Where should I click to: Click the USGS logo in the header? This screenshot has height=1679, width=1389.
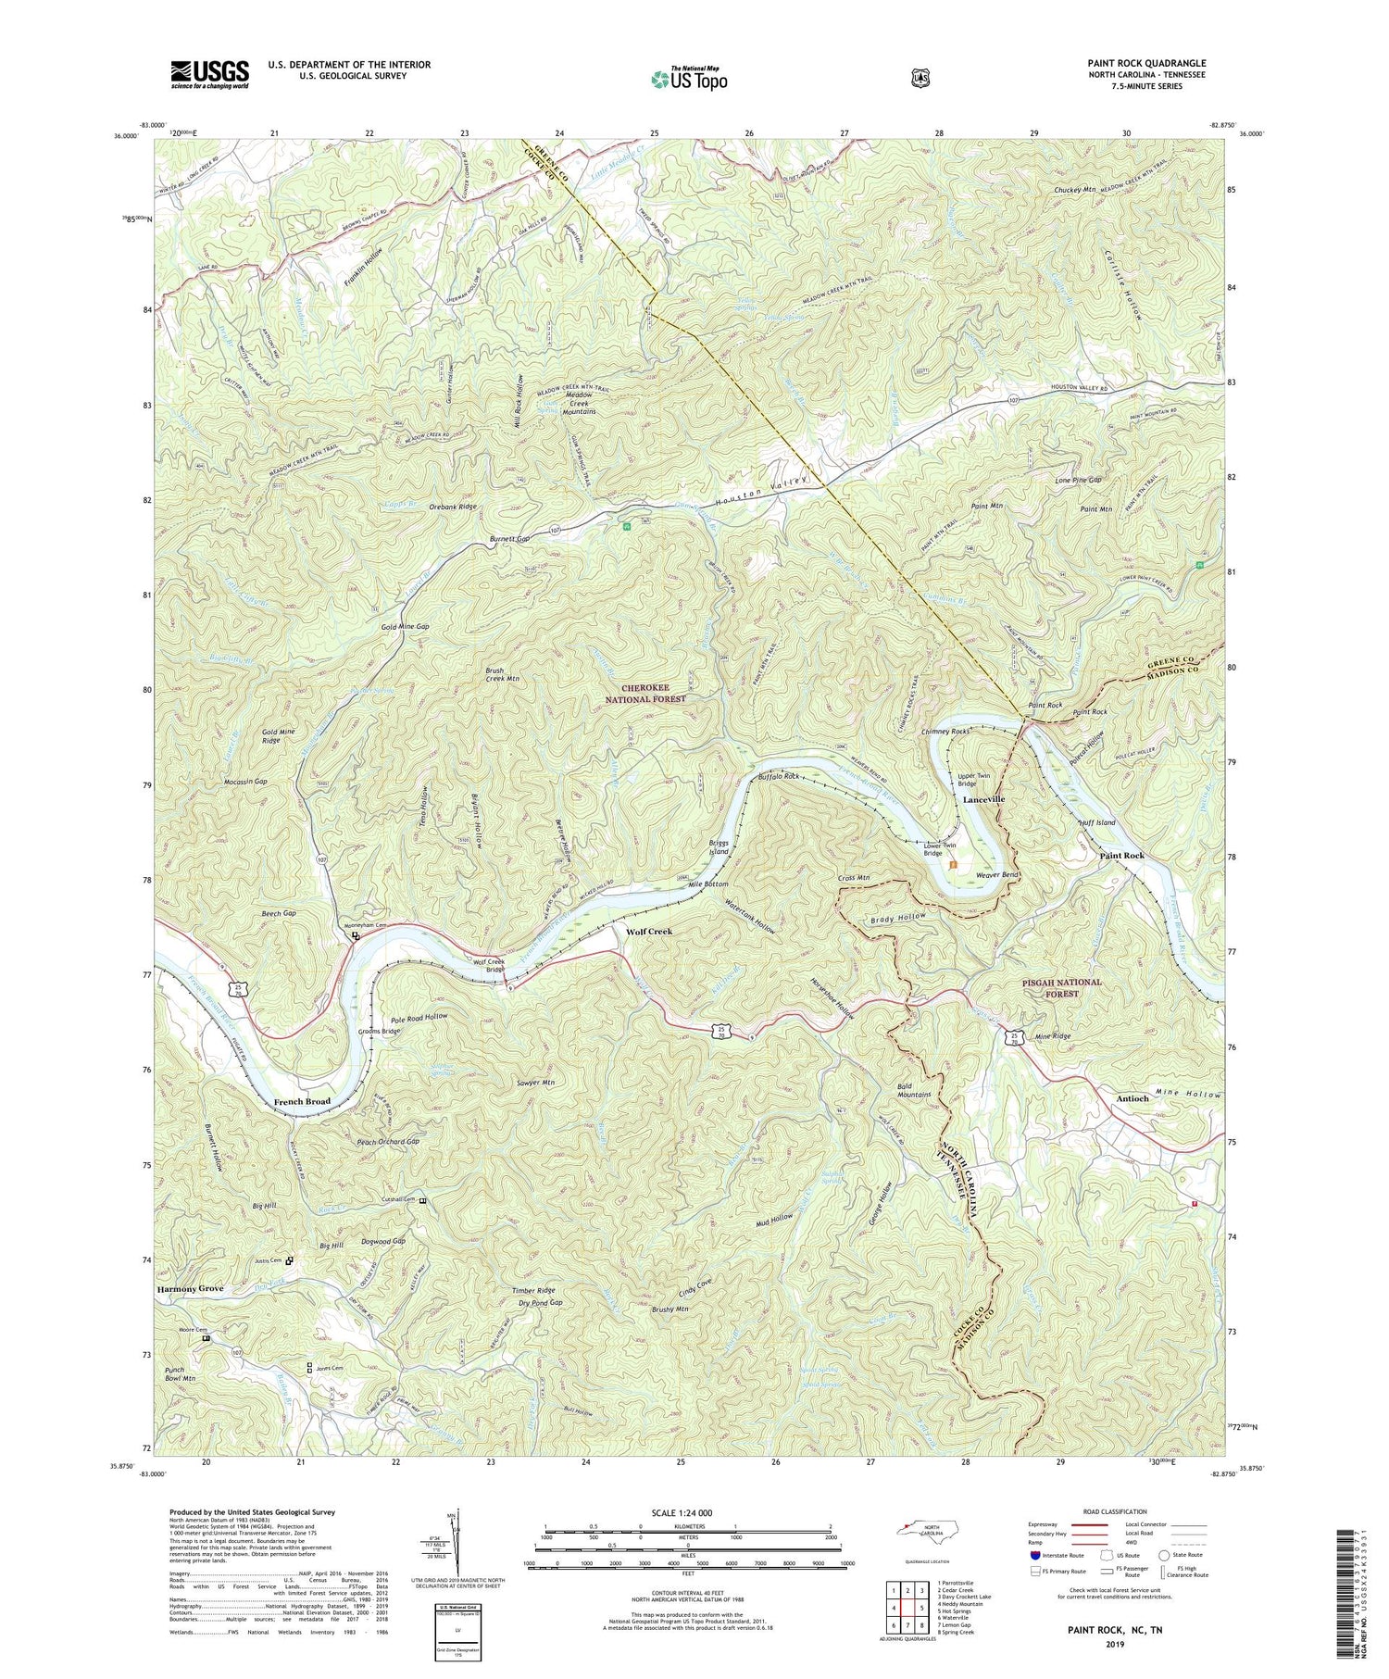point(209,74)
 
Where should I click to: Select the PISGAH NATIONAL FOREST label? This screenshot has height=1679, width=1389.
point(1062,987)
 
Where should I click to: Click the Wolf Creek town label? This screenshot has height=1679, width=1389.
point(648,931)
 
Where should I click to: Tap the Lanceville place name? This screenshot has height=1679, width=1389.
point(983,798)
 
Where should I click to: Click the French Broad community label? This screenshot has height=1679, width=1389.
point(302,1101)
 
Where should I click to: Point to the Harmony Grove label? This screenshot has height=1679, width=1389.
point(190,1289)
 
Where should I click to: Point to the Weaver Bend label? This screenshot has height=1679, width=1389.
point(997,874)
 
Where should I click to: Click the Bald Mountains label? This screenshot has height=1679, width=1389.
point(914,1089)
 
